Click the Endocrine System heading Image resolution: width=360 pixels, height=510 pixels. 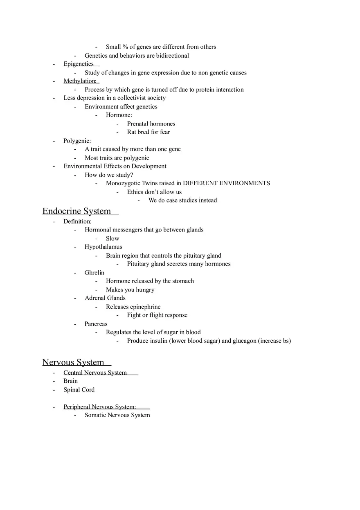76,211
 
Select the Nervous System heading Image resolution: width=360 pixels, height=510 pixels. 73,362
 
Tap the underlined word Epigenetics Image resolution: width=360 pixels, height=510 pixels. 79,64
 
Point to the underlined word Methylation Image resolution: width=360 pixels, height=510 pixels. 79,81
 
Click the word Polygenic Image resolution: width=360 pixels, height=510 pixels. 77,141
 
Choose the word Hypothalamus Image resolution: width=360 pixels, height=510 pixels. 103,247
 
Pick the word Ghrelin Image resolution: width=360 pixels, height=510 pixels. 94,272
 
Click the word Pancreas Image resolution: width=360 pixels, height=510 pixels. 96,324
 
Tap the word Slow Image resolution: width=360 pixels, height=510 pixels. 112,238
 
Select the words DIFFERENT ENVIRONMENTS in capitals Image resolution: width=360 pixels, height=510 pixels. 226,183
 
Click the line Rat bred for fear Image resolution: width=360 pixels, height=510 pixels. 148,132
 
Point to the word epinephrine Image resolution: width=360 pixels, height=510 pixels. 145,307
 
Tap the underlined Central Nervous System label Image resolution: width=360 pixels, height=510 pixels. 95,373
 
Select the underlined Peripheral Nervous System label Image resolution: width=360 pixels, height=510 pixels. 99,407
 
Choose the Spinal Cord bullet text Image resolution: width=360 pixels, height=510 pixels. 79,390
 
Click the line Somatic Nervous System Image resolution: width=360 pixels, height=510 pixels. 117,415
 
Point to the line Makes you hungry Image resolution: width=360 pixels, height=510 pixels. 130,290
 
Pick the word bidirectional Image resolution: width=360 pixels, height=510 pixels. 172,56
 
